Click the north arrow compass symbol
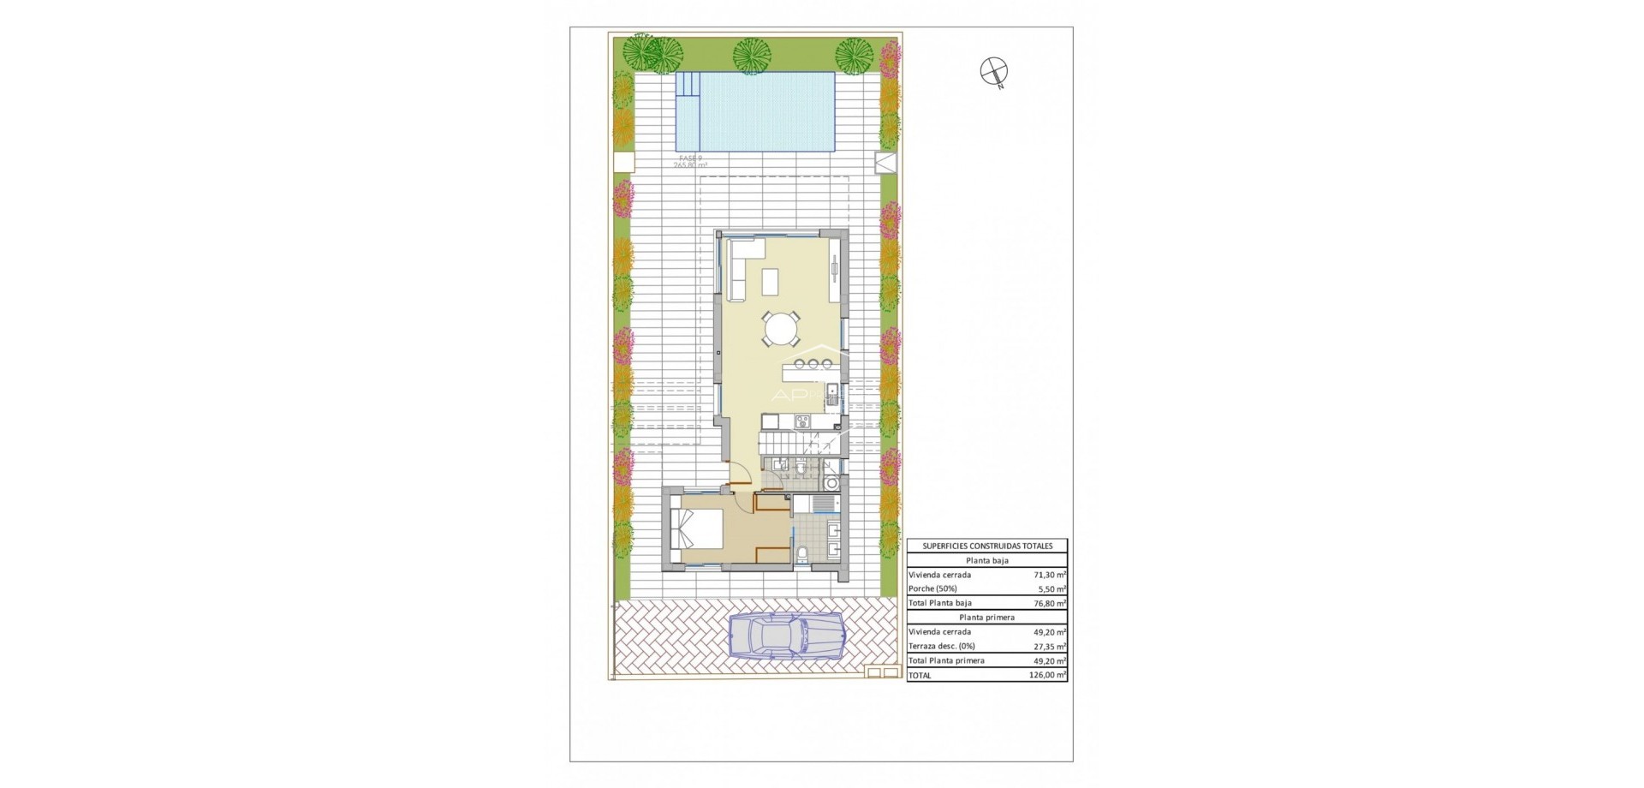click(x=994, y=72)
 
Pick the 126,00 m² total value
click(x=1049, y=675)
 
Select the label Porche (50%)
click(x=934, y=589)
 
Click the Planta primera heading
click(x=987, y=617)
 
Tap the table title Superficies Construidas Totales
click(x=987, y=546)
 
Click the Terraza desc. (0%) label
click(x=941, y=647)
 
